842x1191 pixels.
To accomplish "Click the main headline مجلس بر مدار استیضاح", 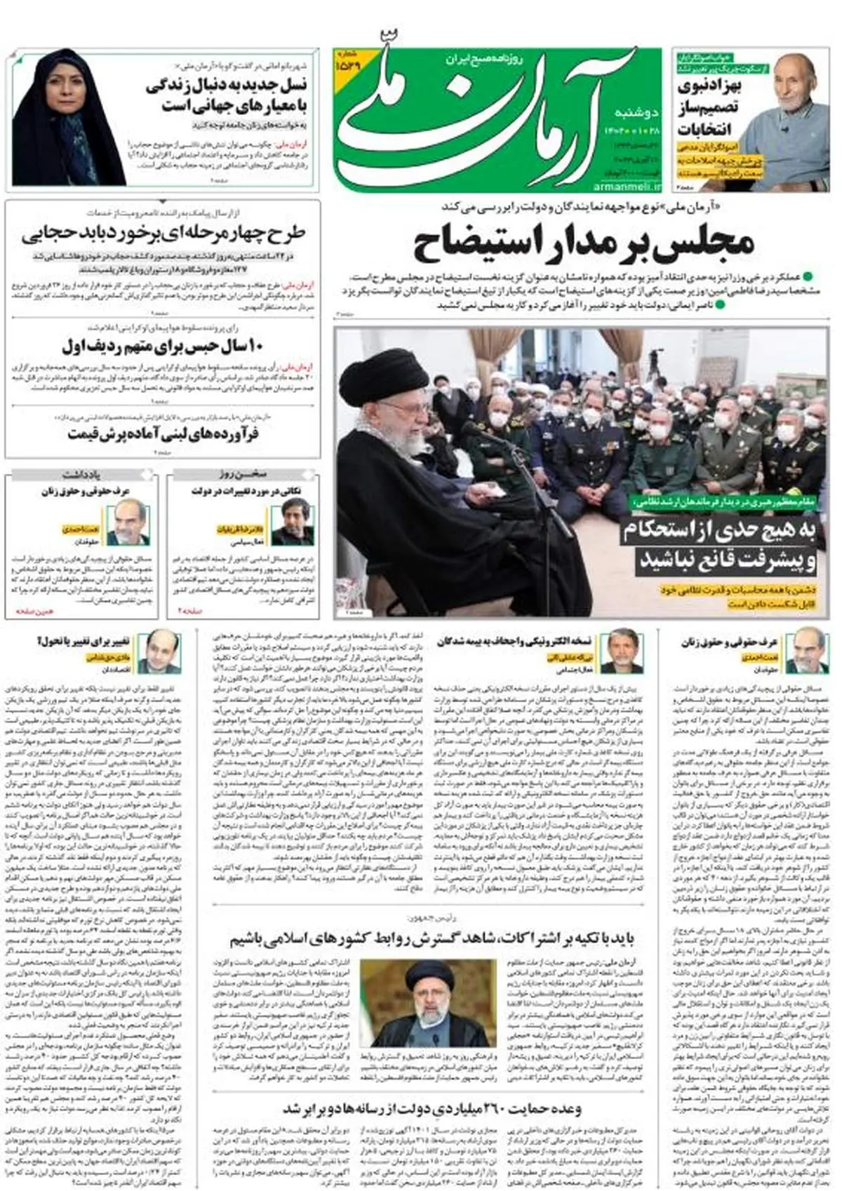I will tap(584, 243).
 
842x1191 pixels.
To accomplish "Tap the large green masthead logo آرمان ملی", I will tap(484, 116).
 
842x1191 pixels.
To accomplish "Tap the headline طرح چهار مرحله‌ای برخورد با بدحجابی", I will tap(163, 234).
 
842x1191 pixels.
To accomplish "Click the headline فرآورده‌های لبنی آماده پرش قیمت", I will tap(163, 434).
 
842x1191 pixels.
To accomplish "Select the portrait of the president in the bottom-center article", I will tap(424, 1003).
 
